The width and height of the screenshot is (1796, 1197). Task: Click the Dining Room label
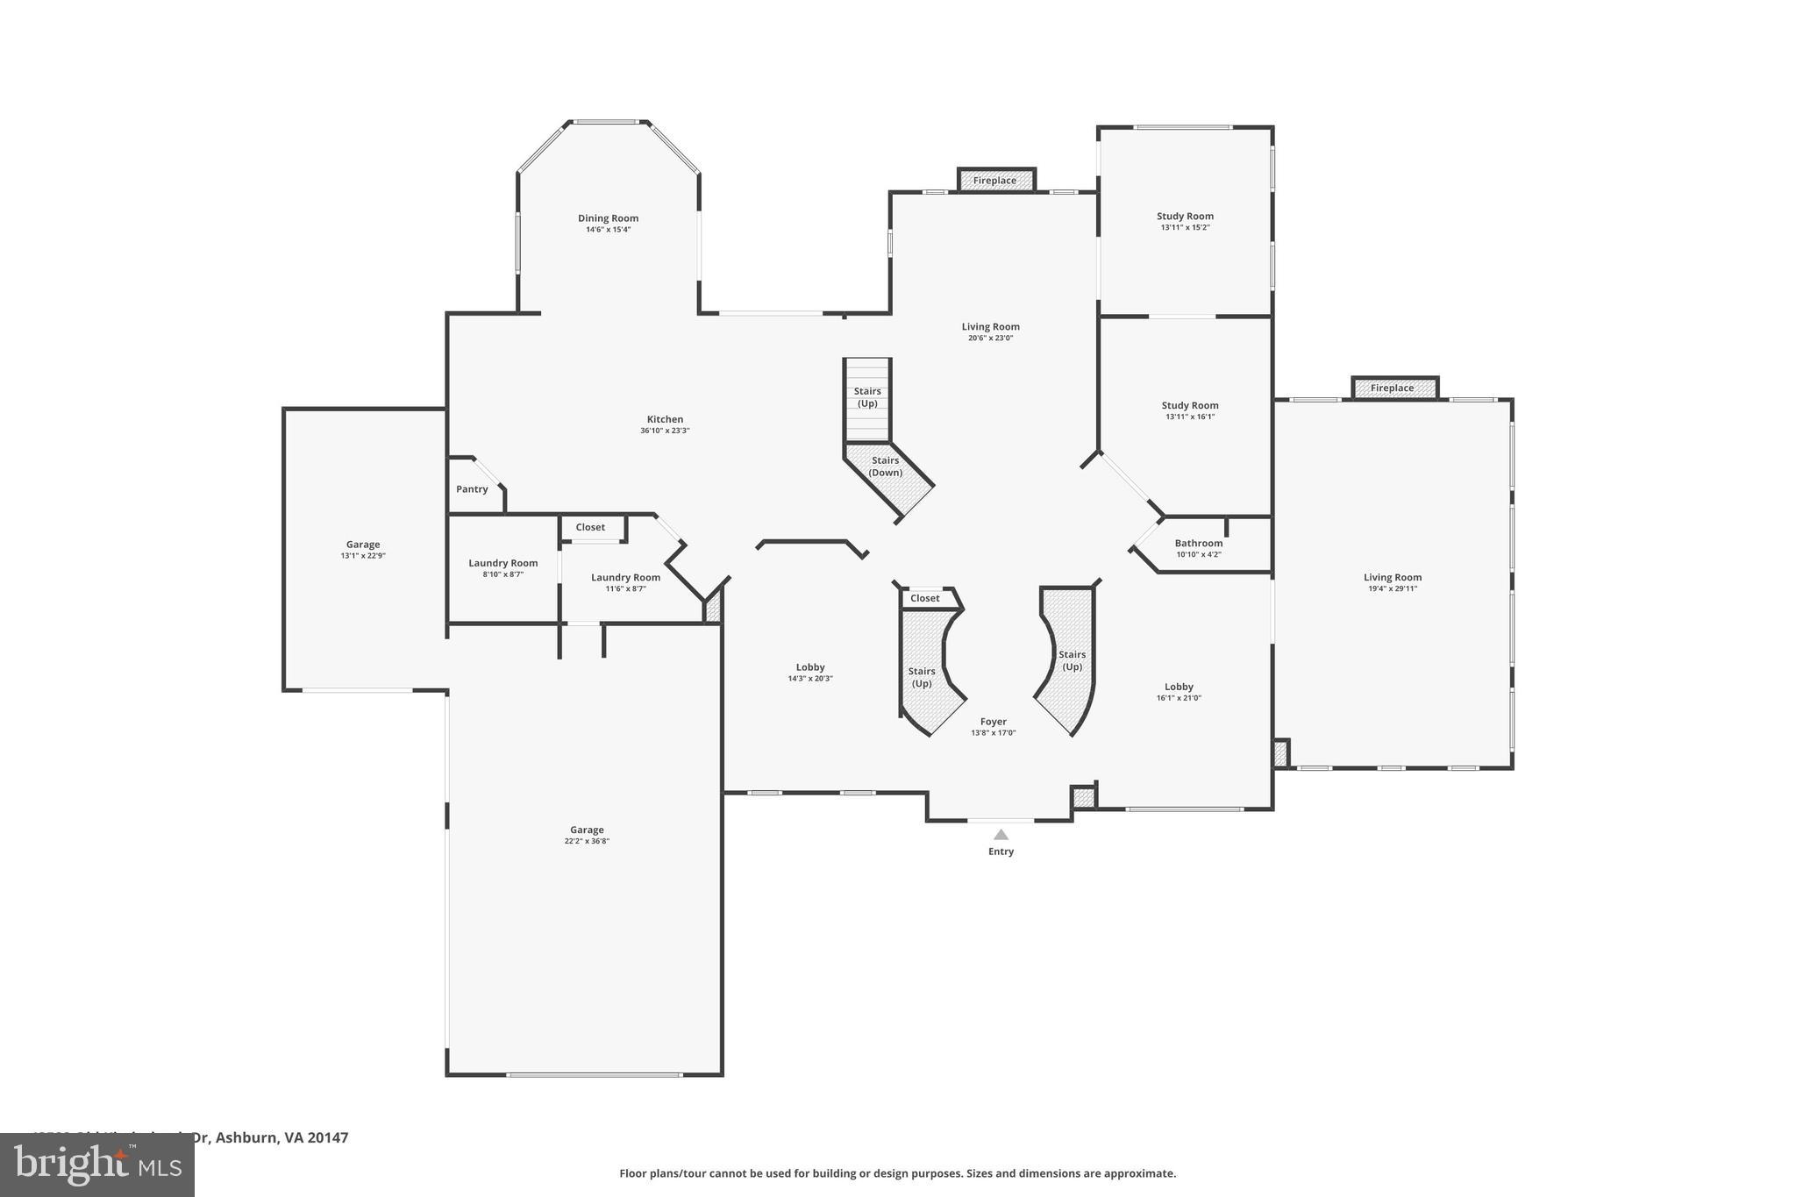tap(608, 218)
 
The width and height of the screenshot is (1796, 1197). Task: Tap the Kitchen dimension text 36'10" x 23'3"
tap(665, 431)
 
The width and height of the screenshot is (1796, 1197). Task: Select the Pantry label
tap(472, 489)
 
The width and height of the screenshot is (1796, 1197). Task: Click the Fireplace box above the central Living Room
tap(995, 181)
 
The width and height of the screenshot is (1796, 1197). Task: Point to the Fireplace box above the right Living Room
tap(1393, 388)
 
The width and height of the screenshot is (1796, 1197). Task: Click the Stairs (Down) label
tap(886, 467)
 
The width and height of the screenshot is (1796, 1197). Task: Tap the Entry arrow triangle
tap(1001, 835)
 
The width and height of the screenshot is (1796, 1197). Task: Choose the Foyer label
tap(993, 722)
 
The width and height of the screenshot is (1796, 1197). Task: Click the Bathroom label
tap(1198, 543)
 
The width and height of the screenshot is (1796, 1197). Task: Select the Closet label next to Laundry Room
tap(590, 527)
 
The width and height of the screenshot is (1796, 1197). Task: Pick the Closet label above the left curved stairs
tap(924, 598)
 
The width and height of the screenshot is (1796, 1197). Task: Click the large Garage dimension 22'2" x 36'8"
tap(587, 841)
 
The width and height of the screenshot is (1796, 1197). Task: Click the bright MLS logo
tap(97, 1165)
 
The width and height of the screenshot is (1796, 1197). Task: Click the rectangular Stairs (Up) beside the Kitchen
tap(867, 398)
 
